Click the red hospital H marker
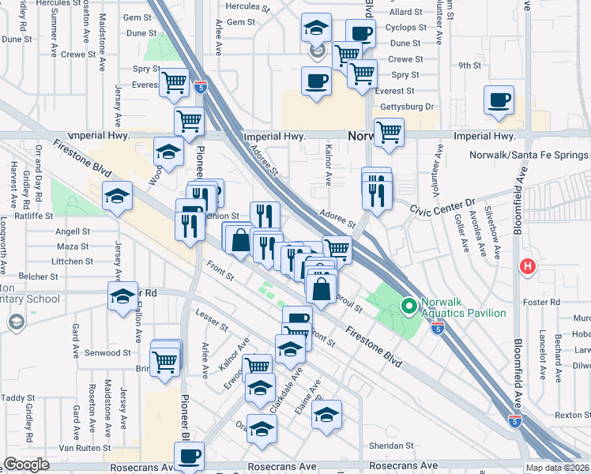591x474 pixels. (527, 267)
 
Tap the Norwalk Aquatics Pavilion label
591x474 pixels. (463, 307)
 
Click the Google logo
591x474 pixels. (27, 465)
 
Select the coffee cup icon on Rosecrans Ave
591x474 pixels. (189, 457)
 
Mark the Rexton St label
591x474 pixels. (573, 415)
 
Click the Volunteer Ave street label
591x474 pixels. (434, 162)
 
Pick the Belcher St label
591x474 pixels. (39, 276)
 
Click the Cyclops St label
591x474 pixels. (407, 27)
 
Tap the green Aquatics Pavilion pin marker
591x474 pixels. (408, 305)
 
